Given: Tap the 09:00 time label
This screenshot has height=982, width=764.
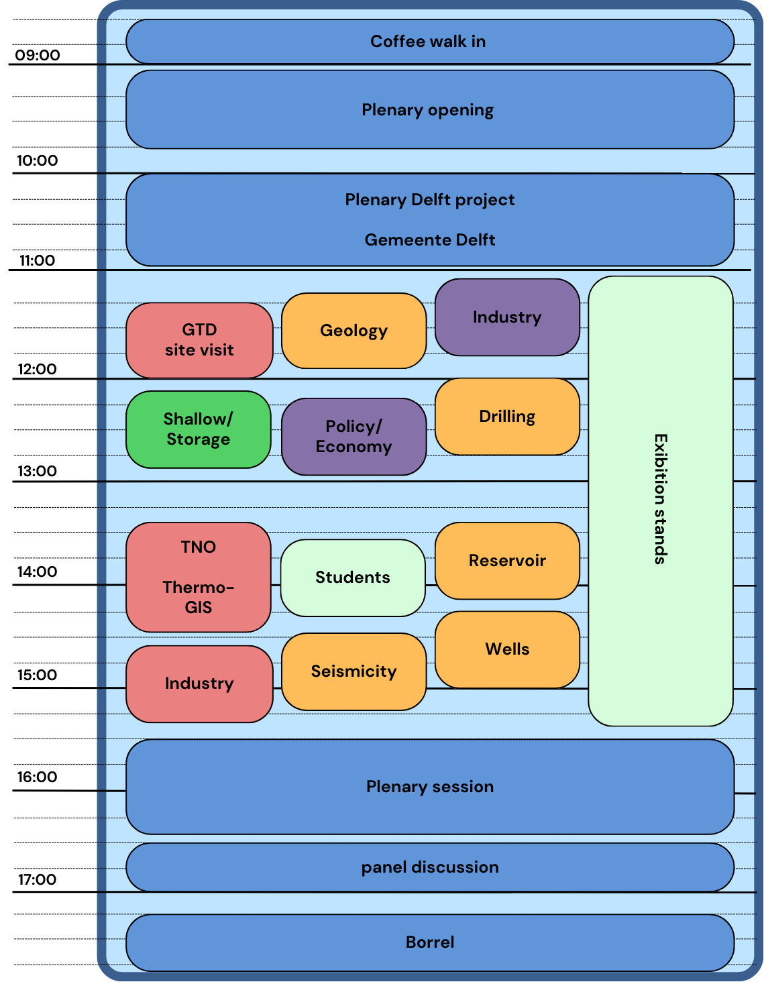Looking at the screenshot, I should pos(38,55).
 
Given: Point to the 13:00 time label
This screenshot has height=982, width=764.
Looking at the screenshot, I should pos(38,471).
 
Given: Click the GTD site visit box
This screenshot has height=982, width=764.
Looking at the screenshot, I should pos(199,340).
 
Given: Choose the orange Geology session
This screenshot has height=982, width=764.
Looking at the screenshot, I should pos(353,331).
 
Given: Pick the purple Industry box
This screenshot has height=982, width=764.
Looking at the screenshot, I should pos(507,317).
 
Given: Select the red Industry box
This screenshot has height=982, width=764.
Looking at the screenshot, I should pos(199,684).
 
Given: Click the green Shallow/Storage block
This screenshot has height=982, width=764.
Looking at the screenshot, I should pos(199,429).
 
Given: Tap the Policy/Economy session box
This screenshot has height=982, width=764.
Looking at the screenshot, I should pos(353,437).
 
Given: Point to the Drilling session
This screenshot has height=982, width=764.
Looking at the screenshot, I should pos(507,417).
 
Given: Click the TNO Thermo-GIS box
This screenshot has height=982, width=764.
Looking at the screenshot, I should pos(199,577).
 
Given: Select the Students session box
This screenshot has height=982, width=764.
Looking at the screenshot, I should pos(353,578).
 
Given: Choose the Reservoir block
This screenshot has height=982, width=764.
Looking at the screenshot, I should pos(507,561).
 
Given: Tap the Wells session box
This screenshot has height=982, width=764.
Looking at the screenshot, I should pos(507,649).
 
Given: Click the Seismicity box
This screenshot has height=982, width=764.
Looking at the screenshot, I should pos(353,671).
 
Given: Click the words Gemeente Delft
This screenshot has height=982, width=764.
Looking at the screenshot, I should pos(430,240).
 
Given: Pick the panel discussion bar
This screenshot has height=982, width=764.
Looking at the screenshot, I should pos(430,867).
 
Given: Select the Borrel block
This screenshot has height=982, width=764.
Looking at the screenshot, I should pos(430,942).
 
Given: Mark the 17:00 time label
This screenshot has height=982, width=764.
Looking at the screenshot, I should pos(38,879).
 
